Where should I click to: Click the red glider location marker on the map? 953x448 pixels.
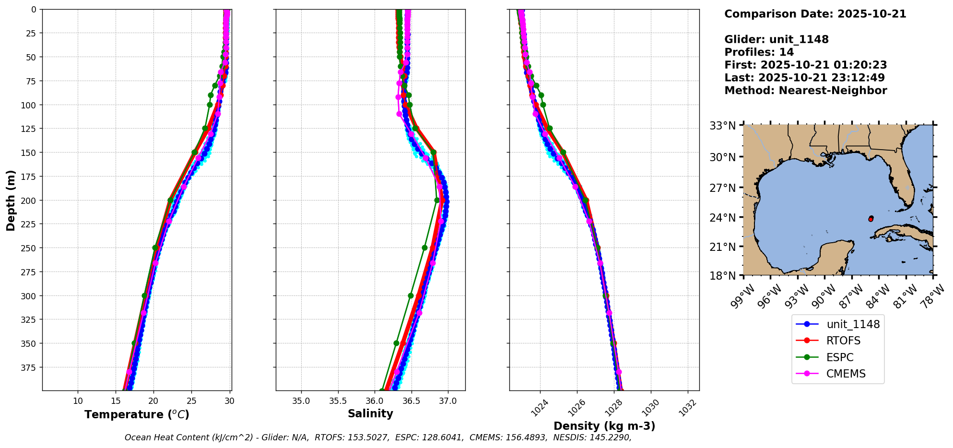(871, 219)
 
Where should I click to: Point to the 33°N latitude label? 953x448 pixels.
(723, 126)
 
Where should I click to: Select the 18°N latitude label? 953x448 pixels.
(723, 276)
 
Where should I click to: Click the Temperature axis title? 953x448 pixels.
(137, 415)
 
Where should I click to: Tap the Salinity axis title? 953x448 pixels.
(370, 414)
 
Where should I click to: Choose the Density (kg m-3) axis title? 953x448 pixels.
(604, 426)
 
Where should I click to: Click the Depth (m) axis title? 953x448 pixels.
(11, 200)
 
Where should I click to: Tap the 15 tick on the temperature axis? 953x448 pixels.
(116, 401)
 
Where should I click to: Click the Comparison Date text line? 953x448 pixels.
(815, 14)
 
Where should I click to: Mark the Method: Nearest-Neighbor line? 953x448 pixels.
(805, 91)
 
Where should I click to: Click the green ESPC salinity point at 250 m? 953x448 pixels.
(424, 248)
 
